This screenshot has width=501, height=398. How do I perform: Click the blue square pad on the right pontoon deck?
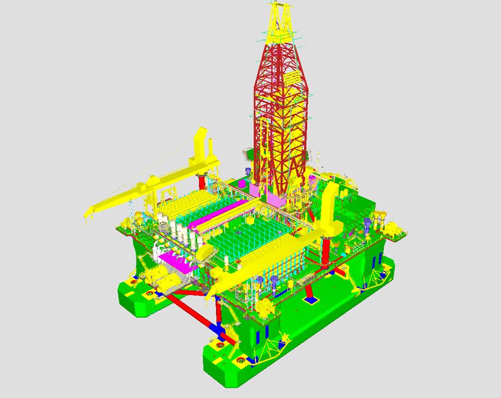[310, 300]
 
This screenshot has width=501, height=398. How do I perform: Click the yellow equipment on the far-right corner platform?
[394, 227]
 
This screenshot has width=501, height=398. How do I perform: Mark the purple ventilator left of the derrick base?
[247, 174]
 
